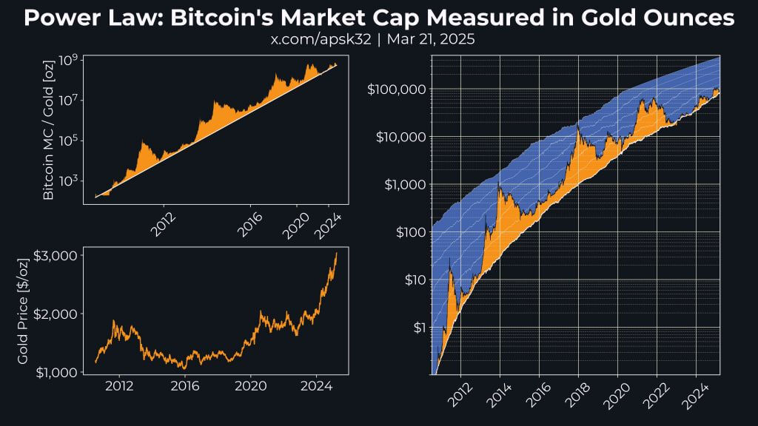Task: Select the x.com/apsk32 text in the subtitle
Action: click(x=321, y=39)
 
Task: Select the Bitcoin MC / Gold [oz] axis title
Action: click(x=48, y=132)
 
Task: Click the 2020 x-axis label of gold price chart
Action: click(x=251, y=385)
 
